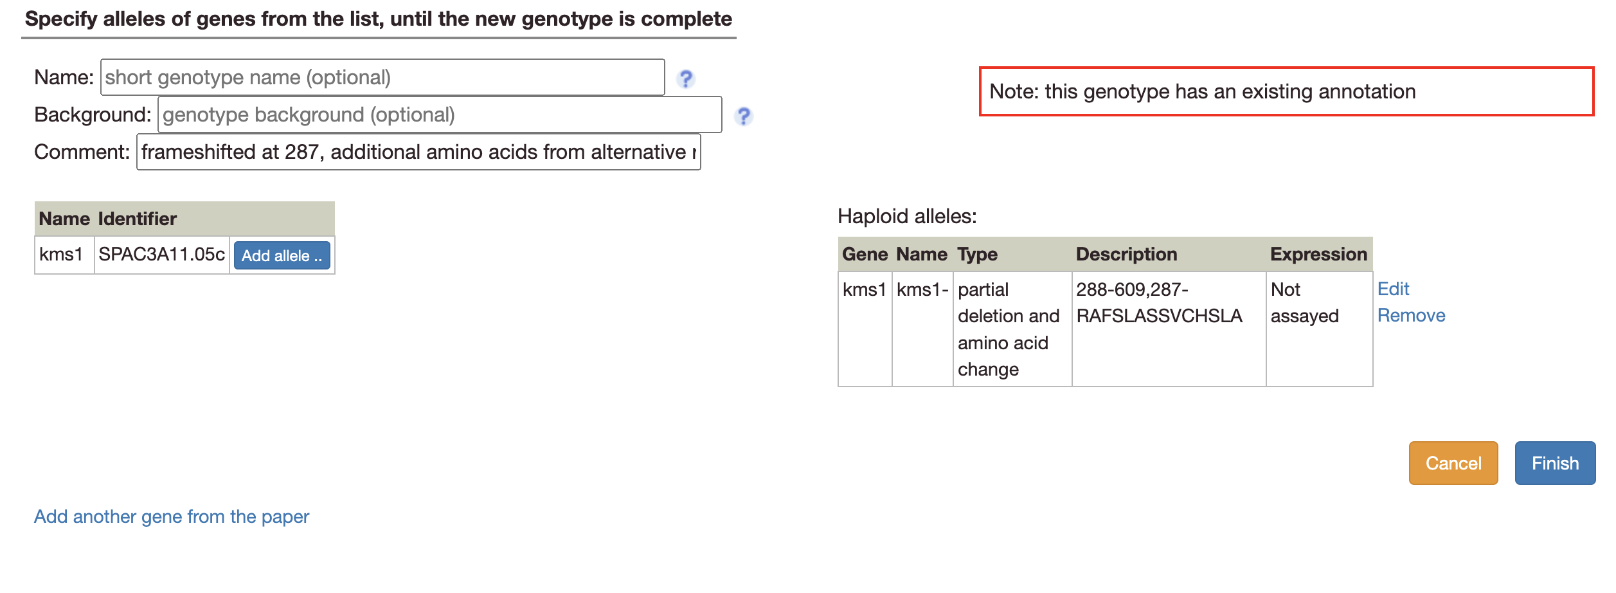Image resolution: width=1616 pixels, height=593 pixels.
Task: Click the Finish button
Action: (1554, 463)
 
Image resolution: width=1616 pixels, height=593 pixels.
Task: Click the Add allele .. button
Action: (282, 256)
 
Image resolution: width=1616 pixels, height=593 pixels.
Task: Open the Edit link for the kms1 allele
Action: (1393, 289)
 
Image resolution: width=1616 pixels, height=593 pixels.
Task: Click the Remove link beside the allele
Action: (1411, 315)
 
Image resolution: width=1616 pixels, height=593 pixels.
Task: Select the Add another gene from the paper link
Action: (172, 516)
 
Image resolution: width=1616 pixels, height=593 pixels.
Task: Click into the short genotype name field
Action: (382, 78)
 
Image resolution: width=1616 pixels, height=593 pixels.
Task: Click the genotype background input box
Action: (440, 115)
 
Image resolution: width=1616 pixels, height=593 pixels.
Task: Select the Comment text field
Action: (418, 152)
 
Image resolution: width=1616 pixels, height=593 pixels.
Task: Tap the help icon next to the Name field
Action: (686, 78)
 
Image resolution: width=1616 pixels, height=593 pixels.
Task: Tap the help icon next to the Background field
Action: (744, 116)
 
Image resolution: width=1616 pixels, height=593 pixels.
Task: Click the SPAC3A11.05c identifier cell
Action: (161, 255)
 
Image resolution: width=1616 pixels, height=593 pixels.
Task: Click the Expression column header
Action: (1318, 254)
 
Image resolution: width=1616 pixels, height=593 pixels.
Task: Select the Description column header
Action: (1126, 254)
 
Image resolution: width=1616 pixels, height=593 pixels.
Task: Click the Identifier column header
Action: (138, 219)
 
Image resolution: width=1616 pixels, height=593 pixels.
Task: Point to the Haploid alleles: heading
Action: (906, 216)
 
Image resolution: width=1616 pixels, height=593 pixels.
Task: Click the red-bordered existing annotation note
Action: (1286, 91)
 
